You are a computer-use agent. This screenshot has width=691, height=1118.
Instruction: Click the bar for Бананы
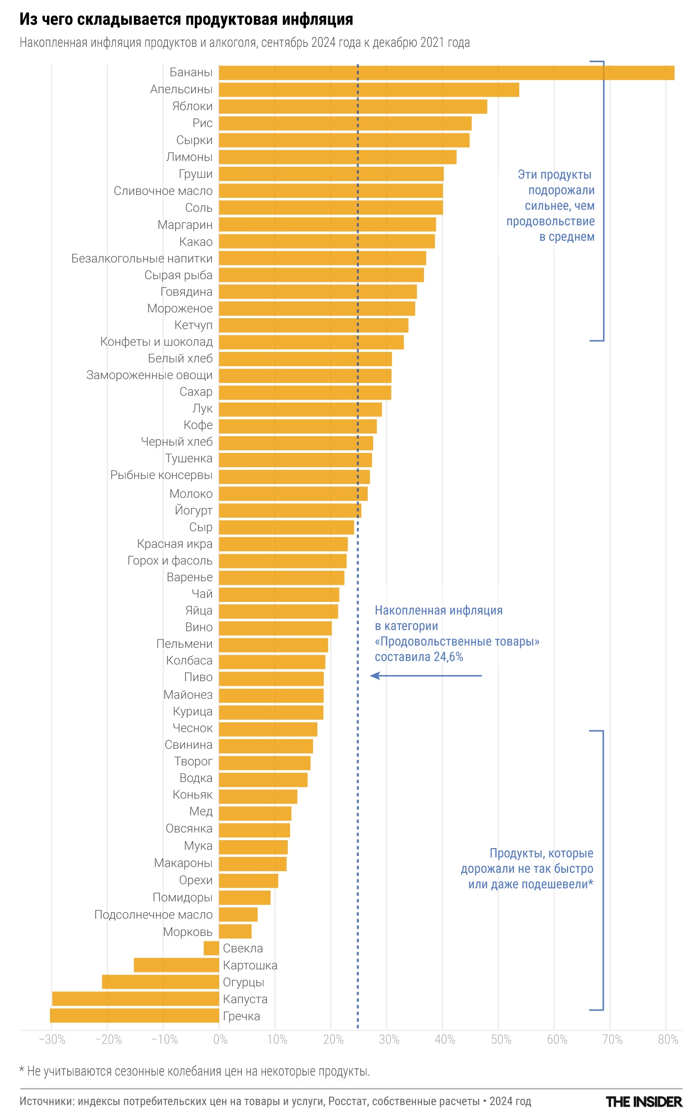click(x=446, y=73)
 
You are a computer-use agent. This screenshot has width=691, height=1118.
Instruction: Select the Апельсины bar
click(x=369, y=90)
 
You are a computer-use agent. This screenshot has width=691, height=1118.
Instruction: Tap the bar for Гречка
click(x=134, y=1016)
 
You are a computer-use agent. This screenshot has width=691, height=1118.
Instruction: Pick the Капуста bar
click(x=136, y=999)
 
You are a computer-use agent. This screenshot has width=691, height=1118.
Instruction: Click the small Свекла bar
click(x=211, y=948)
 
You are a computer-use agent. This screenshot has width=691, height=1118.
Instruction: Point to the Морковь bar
click(x=235, y=932)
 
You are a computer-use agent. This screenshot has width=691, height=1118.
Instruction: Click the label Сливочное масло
click(x=163, y=191)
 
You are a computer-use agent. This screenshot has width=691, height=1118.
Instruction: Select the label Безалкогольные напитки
click(x=142, y=259)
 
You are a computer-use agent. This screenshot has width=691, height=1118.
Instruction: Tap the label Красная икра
click(x=175, y=544)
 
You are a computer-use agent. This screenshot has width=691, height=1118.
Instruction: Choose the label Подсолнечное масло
click(x=154, y=915)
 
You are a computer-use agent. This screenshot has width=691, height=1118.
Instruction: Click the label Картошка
click(x=250, y=966)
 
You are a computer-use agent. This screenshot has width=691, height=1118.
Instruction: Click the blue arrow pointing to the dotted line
click(x=425, y=675)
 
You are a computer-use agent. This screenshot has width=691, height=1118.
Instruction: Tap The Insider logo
click(x=644, y=1102)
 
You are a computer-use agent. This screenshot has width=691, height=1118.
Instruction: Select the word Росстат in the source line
click(x=348, y=1101)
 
